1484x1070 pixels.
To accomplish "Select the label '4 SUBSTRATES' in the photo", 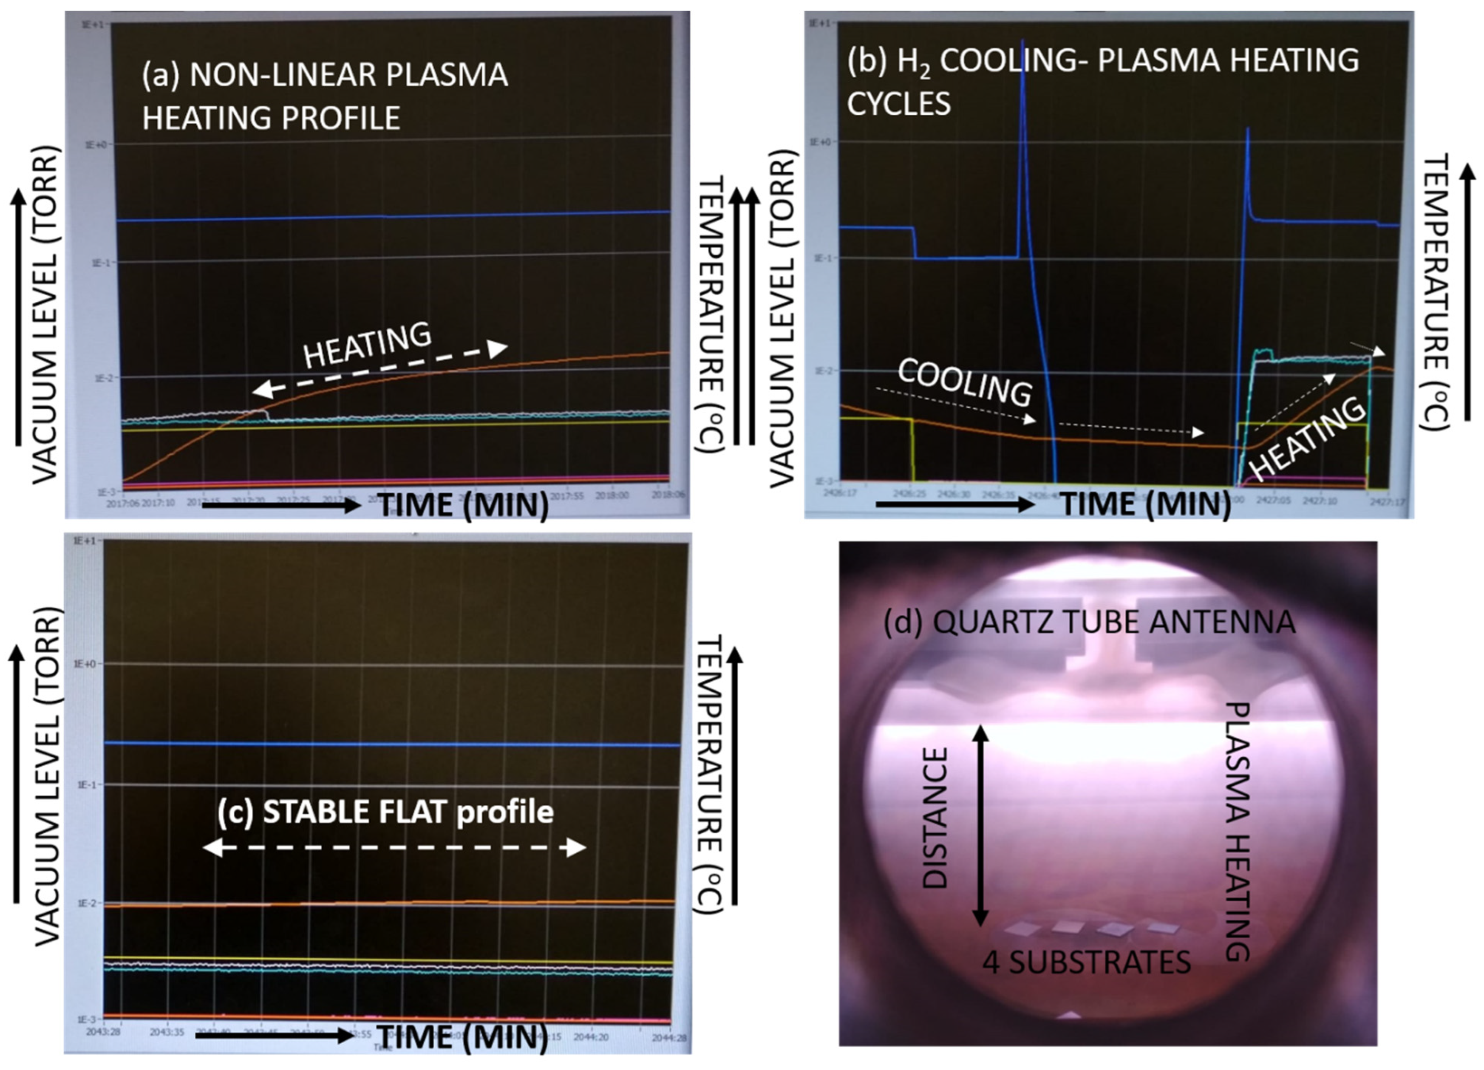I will pyautogui.click(x=1086, y=962).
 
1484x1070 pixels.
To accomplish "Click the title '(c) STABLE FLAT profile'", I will pyautogui.click(x=385, y=812).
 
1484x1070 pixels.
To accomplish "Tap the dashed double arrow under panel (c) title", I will pyautogui.click(x=394, y=848).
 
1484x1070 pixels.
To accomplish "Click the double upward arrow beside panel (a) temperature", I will pyautogui.click(x=744, y=314).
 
